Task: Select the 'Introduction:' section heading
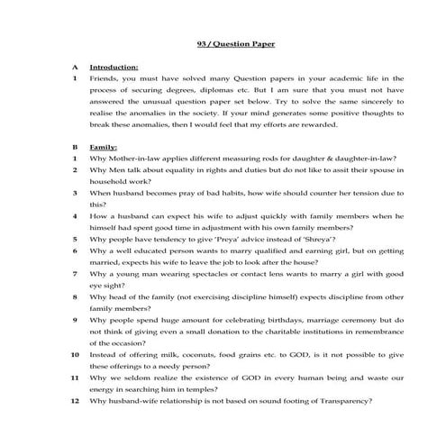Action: (114, 67)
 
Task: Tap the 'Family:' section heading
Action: (105, 145)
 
